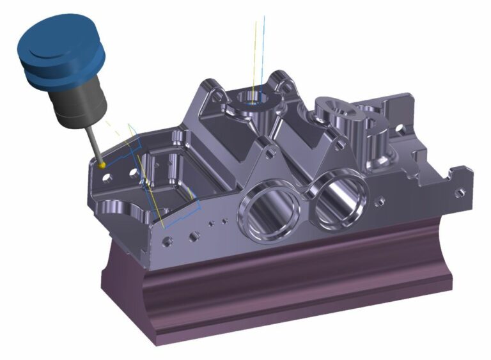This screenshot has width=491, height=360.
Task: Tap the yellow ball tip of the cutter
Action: pyautogui.click(x=102, y=165)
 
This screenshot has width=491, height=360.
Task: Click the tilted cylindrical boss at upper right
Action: pyautogui.click(x=339, y=115)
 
